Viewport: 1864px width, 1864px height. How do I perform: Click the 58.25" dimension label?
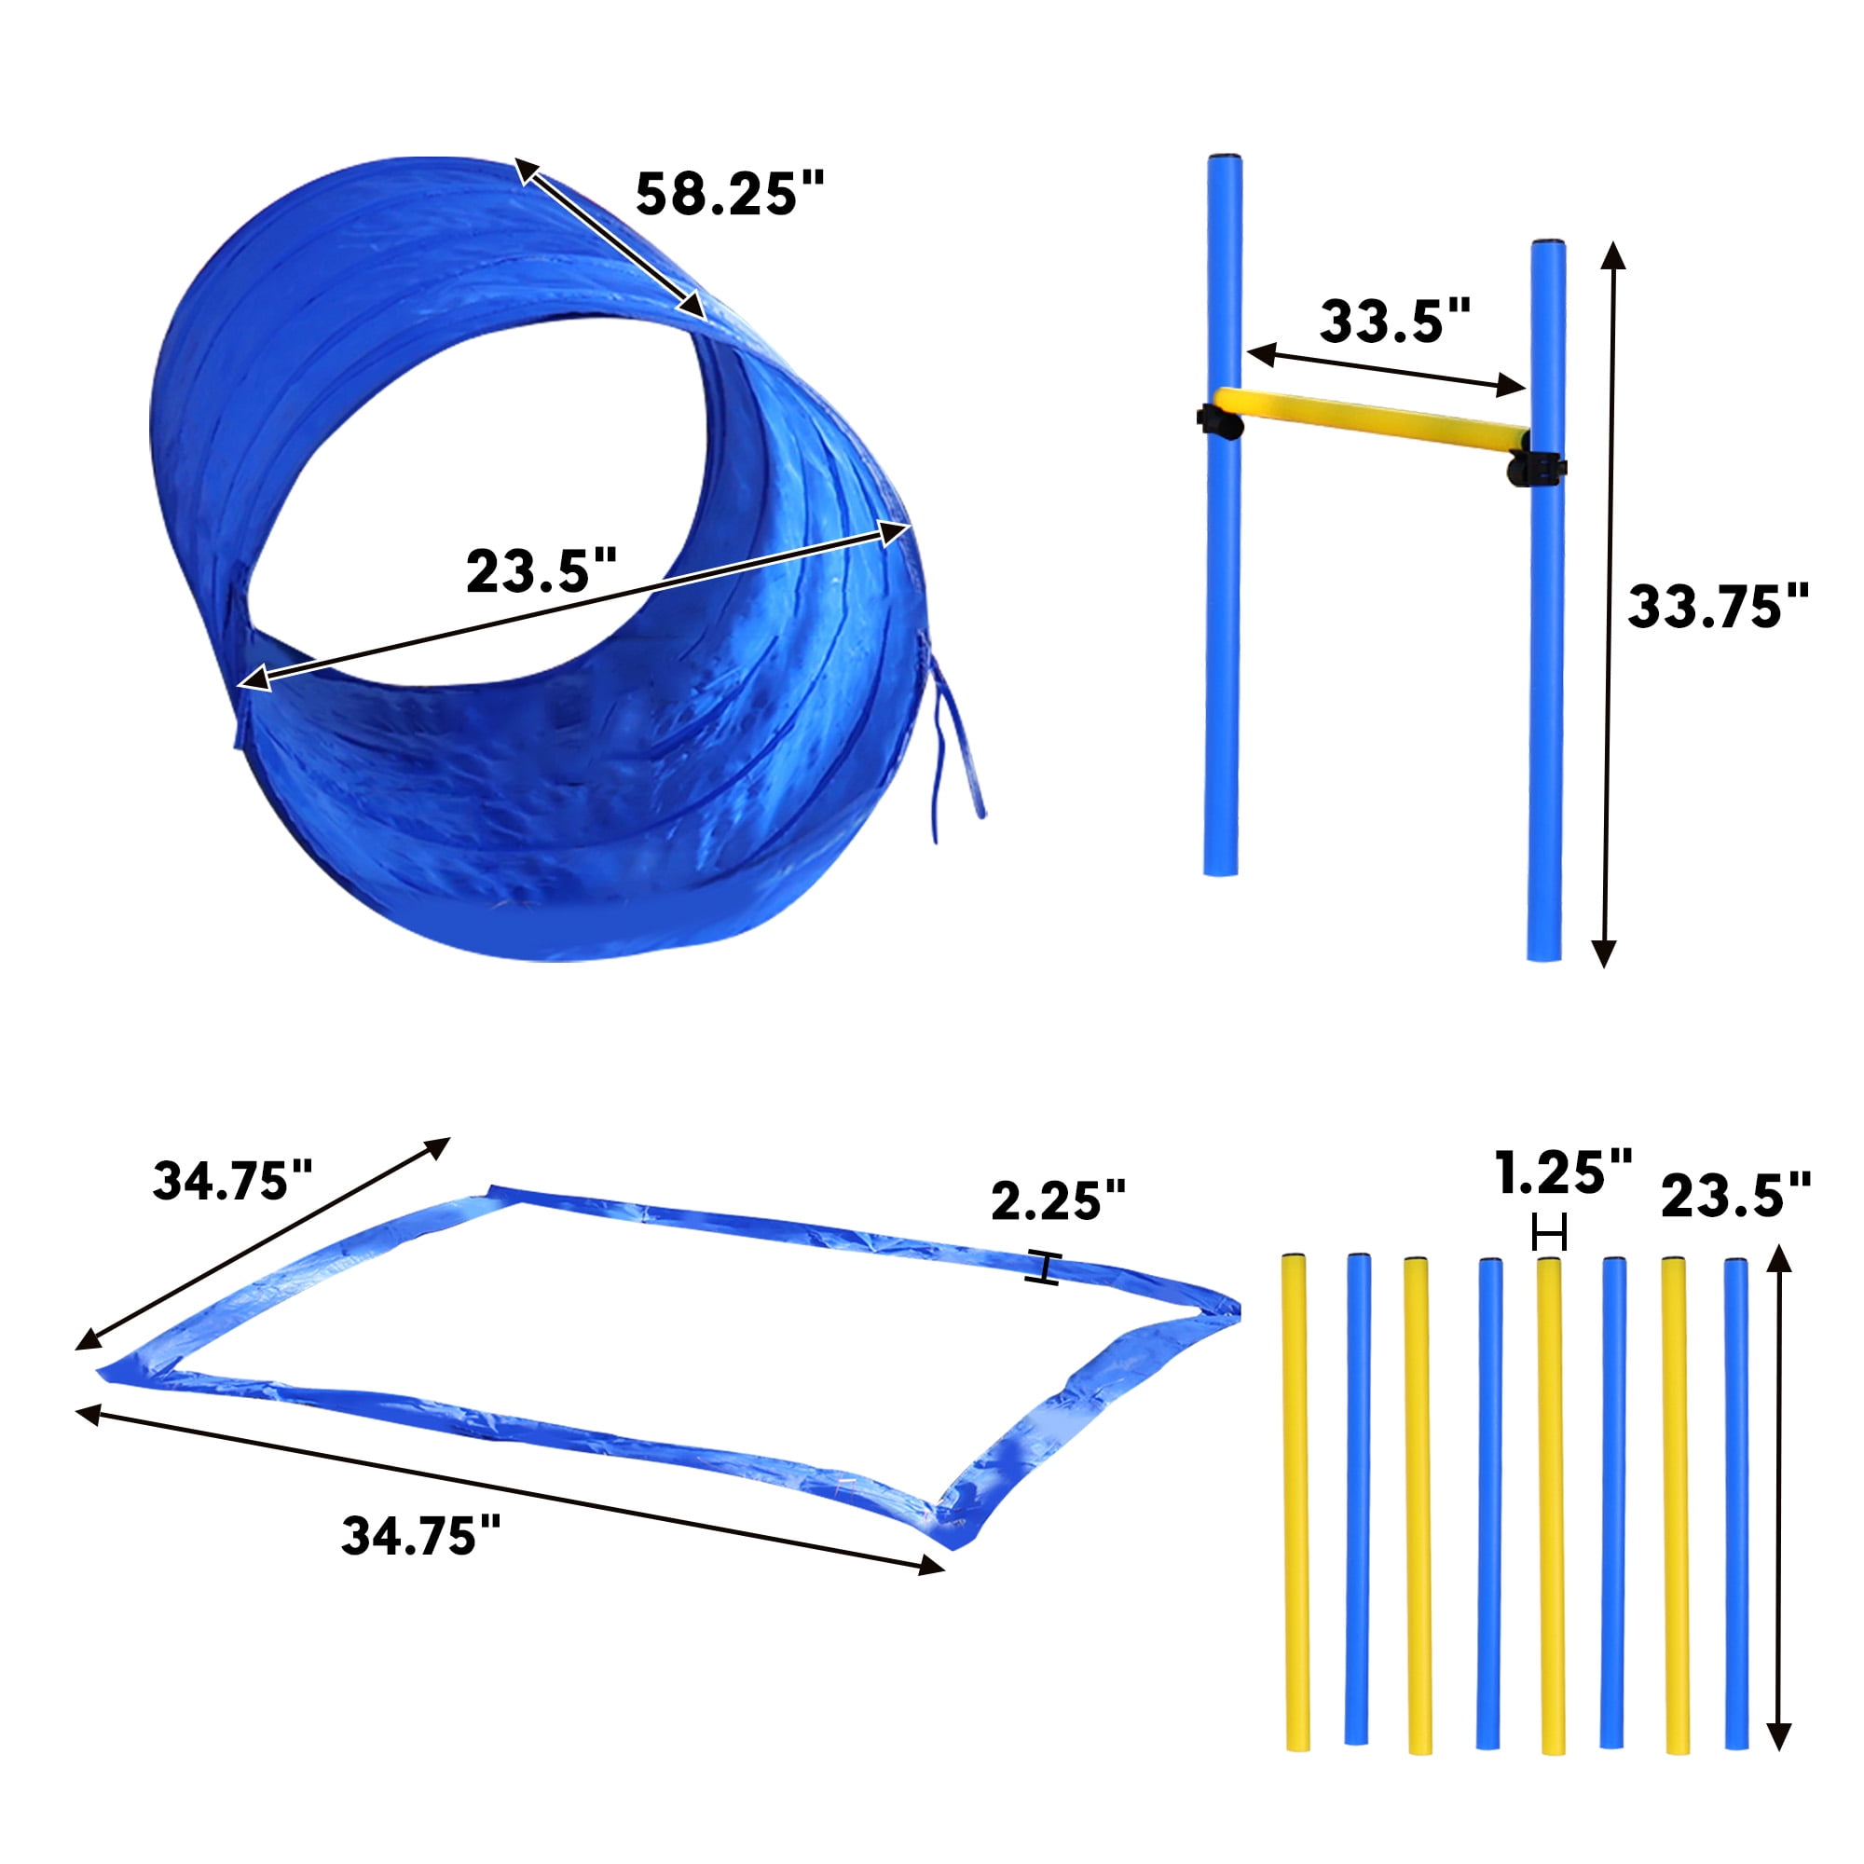point(730,193)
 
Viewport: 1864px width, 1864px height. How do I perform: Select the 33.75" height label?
point(1719,606)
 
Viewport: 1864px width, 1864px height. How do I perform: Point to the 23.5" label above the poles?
point(1735,1196)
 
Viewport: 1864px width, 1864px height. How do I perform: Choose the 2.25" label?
point(1059,1201)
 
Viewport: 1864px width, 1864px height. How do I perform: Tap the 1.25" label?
point(1564,1172)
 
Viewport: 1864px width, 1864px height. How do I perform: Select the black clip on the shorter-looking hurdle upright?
point(1219,422)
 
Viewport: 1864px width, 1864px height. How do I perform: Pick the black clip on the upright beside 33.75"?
point(1536,468)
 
